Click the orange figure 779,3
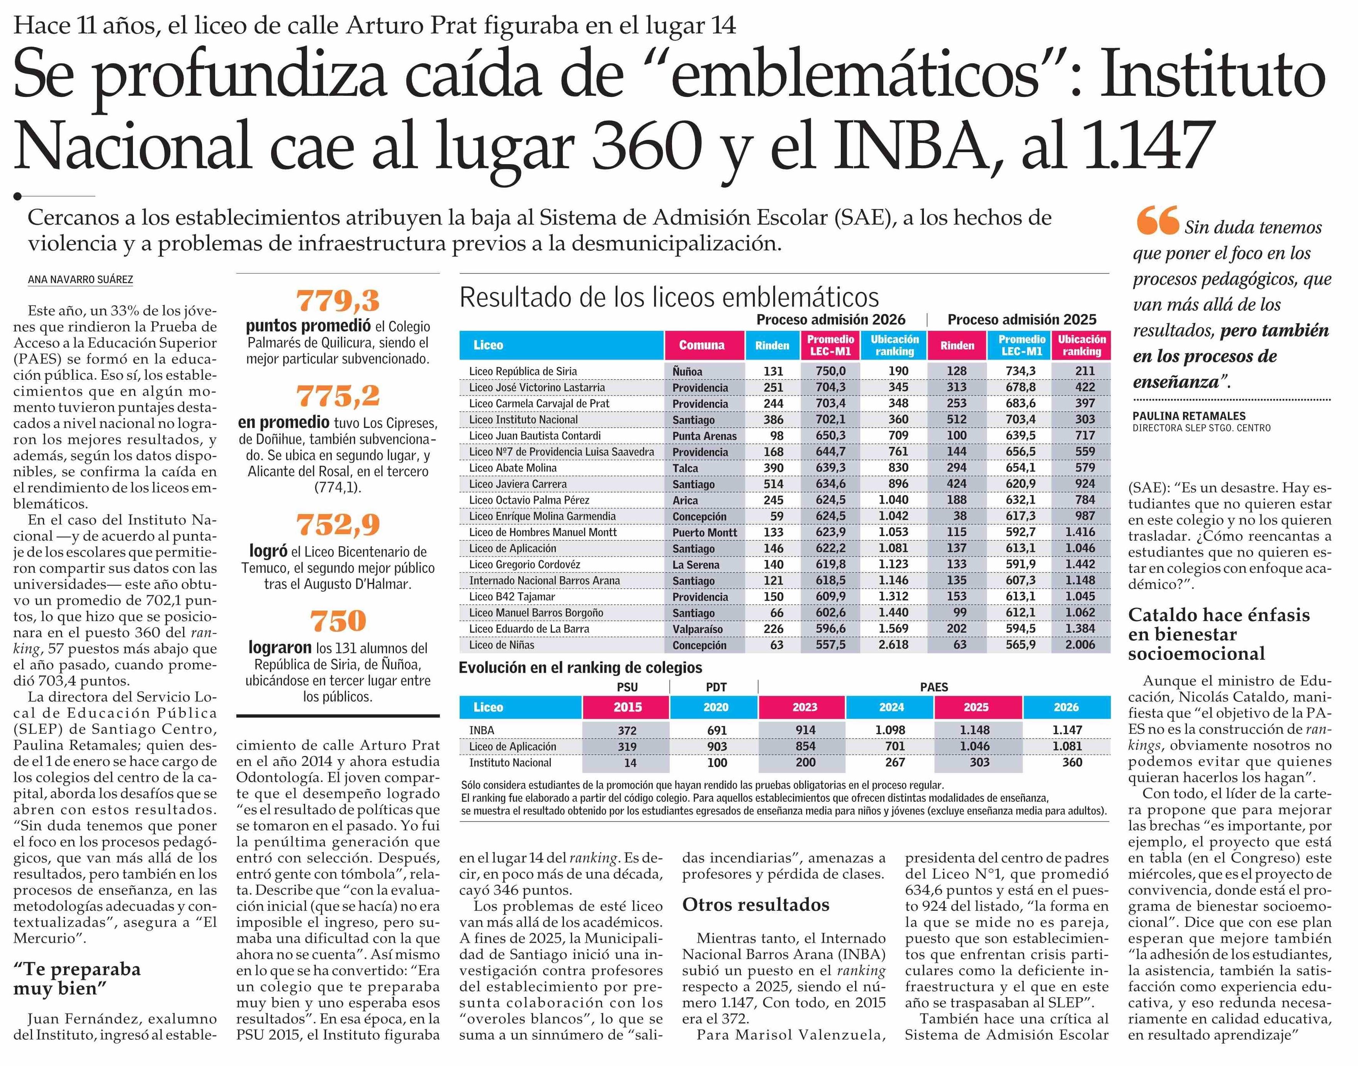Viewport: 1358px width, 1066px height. (x=338, y=301)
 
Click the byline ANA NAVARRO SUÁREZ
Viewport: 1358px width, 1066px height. (x=80, y=280)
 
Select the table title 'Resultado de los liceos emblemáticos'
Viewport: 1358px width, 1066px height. (x=669, y=298)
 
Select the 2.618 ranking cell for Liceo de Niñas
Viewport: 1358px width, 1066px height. (x=894, y=645)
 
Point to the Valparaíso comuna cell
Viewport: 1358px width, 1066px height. (x=697, y=629)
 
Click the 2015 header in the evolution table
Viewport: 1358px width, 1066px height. (x=627, y=707)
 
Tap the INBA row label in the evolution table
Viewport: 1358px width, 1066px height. (x=482, y=730)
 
